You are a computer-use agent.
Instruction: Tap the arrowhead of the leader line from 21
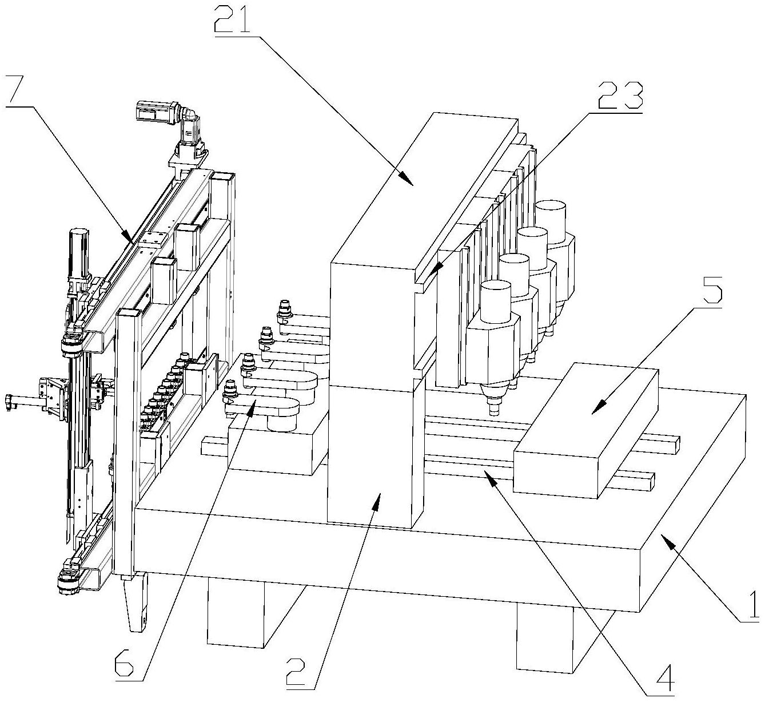[x=411, y=182]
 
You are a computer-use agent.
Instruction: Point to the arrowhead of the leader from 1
[x=667, y=538]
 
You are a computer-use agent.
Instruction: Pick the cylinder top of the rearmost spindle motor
[x=551, y=209]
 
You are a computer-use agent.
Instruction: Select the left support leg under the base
[x=236, y=618]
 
